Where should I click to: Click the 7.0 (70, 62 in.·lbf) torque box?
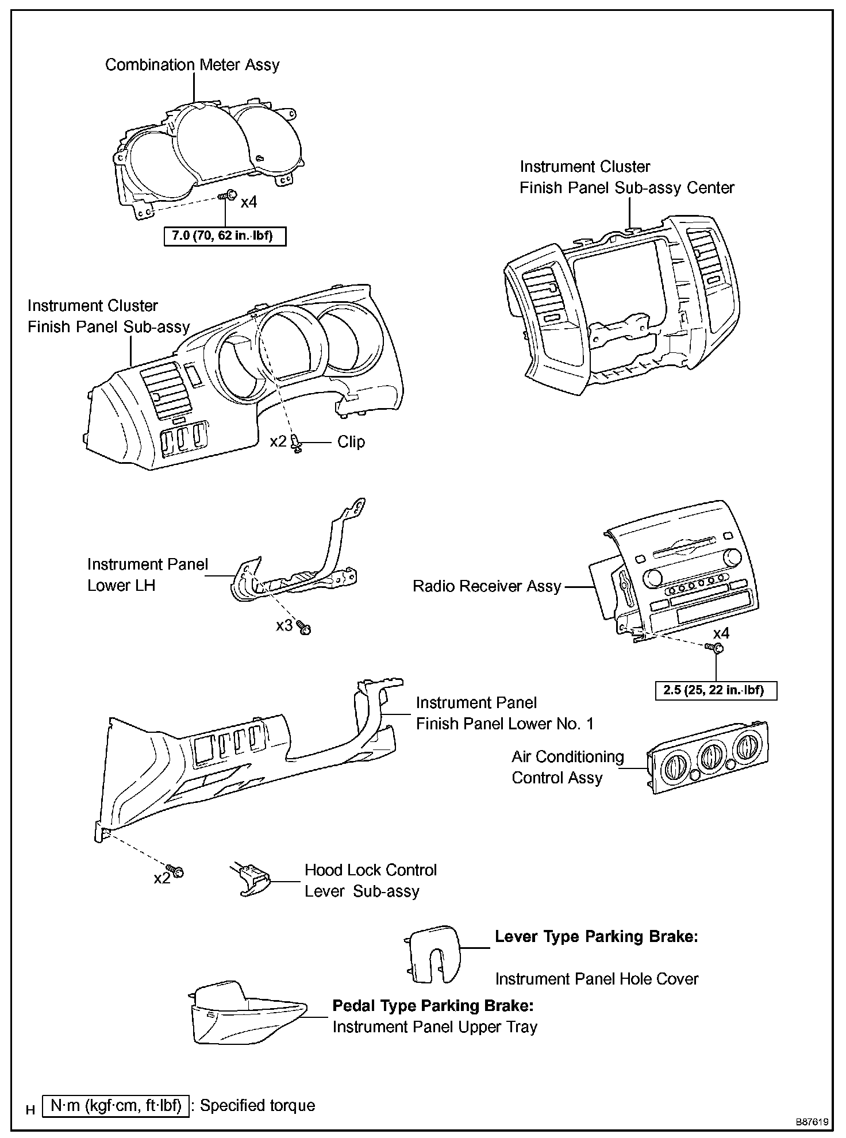tap(225, 236)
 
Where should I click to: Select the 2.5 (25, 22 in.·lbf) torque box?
tap(716, 690)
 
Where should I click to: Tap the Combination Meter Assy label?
tap(192, 65)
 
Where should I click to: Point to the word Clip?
tap(351, 442)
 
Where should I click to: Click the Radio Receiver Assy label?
tap(487, 586)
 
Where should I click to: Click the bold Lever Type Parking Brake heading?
tap(597, 936)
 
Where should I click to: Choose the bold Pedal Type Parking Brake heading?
tap(433, 1005)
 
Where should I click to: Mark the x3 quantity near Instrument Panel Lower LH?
tap(284, 625)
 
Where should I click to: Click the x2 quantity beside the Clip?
tap(278, 441)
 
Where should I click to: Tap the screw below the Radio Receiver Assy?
tap(716, 648)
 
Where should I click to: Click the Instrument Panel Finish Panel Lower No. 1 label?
tap(504, 713)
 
